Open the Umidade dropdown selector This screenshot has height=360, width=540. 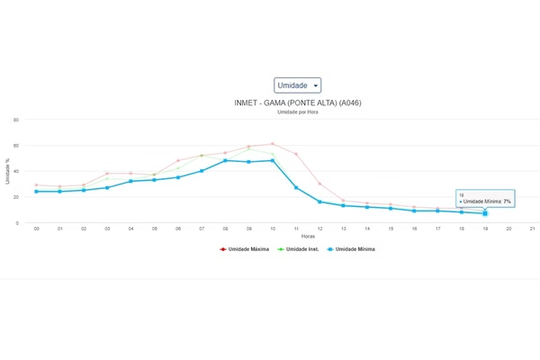click(x=298, y=85)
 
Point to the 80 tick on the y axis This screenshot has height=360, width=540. click(x=16, y=119)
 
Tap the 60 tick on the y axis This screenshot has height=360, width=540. click(x=16, y=145)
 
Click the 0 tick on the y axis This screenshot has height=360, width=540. click(x=18, y=223)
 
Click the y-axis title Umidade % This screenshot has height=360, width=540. click(x=7, y=171)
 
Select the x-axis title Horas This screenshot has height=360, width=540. click(x=283, y=236)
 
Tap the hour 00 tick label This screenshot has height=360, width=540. click(x=36, y=229)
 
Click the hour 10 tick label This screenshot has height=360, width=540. click(x=273, y=229)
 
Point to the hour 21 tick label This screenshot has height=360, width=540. click(x=533, y=229)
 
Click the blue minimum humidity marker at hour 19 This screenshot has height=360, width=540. click(x=485, y=213)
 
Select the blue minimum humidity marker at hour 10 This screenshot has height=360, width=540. click(x=273, y=161)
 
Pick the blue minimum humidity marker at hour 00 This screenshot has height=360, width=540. click(x=36, y=191)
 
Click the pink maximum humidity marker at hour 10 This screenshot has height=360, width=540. click(x=273, y=143)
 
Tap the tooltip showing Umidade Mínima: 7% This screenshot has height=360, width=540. click(x=485, y=199)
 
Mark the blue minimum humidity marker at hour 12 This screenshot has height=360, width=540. click(x=319, y=202)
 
